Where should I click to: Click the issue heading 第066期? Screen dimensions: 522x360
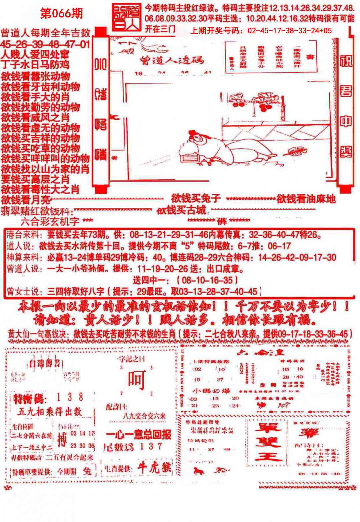[x=61, y=14]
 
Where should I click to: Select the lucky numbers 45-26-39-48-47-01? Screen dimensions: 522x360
[x=45, y=44]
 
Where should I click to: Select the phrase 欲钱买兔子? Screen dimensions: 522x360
[x=196, y=199]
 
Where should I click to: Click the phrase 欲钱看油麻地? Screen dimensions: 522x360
[x=306, y=199]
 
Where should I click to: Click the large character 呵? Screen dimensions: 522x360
[x=137, y=380]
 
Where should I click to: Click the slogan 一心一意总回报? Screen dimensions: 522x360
[x=139, y=435]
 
